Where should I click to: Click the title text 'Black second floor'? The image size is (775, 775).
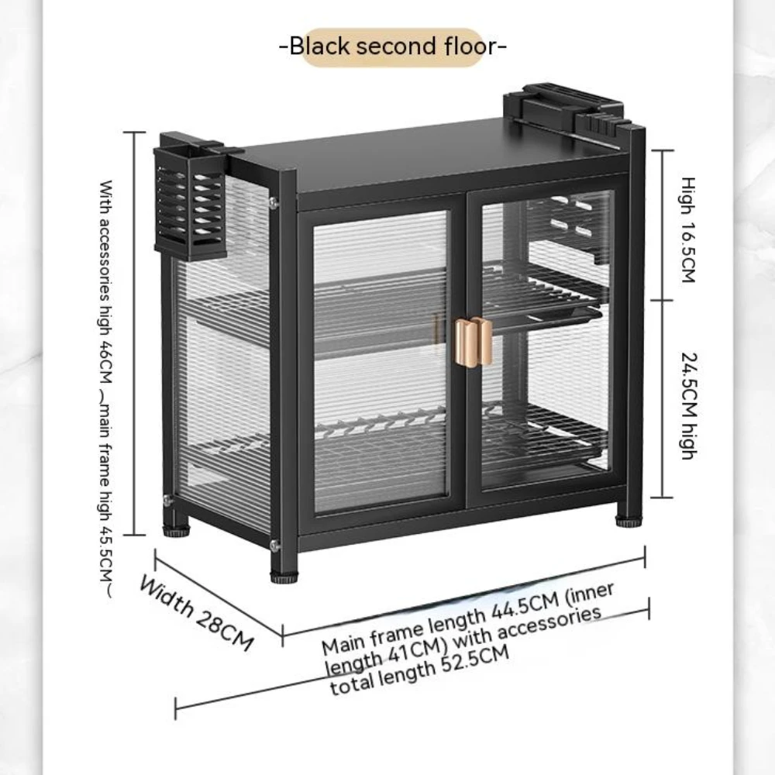393,46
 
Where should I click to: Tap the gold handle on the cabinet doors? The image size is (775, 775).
473,342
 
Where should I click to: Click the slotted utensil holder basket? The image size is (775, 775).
191,202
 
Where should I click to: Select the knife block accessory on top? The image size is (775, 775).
563,110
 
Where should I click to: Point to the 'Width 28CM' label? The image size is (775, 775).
197,612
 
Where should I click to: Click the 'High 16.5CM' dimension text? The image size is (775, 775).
688,230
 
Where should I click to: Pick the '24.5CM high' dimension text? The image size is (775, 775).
689,406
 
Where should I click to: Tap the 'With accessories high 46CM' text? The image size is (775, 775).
105,281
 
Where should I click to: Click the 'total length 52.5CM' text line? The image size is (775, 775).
419,670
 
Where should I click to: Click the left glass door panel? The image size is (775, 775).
381,361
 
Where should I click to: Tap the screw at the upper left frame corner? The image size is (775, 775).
273,202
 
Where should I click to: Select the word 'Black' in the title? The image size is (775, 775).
319,46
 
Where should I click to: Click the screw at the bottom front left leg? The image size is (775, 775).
274,546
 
